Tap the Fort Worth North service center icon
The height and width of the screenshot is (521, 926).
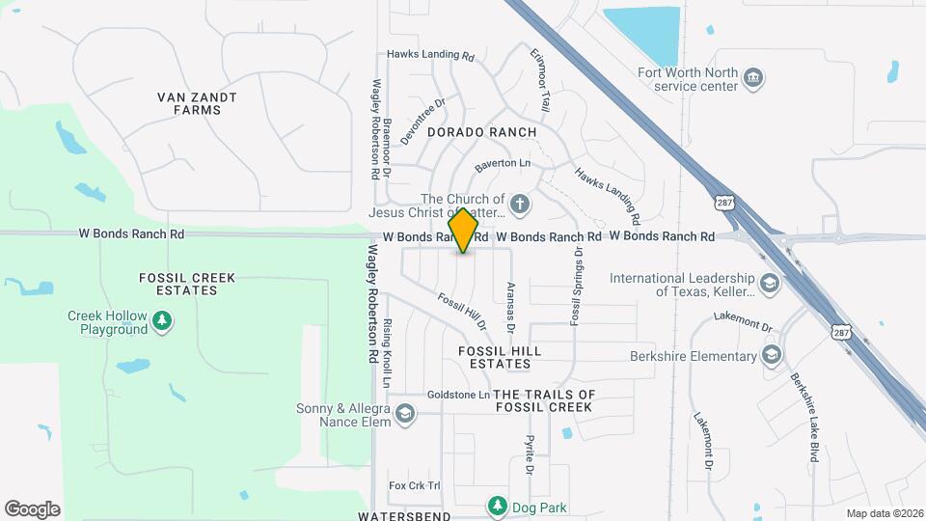pos(755,76)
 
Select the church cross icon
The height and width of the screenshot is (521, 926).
pos(520,204)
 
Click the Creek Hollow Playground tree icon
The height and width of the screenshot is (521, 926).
pos(164,319)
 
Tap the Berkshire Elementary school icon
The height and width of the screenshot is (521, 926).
pos(772,356)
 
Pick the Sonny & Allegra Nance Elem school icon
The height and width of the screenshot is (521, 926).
pos(406,415)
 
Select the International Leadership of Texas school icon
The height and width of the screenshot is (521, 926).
pos(770,284)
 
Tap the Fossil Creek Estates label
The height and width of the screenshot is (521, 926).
pos(187,284)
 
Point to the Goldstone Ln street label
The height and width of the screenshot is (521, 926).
pos(458,395)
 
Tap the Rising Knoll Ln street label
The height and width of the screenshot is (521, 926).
pos(386,354)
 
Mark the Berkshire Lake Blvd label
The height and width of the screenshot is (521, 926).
pos(804,417)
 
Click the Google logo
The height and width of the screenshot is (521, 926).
pos(33,508)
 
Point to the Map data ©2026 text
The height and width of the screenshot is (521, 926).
pos(884,512)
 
